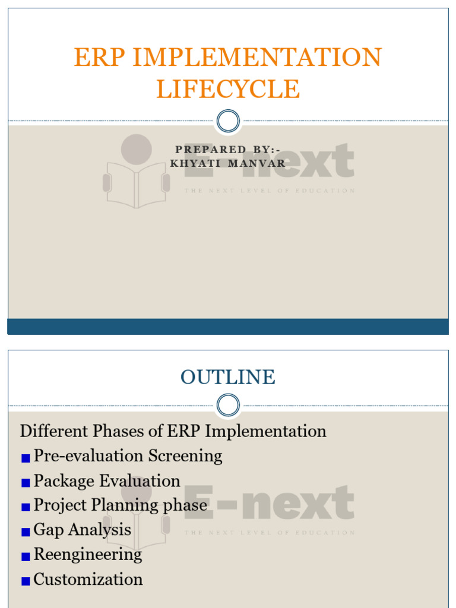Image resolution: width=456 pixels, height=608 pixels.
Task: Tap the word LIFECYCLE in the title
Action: pyautogui.click(x=228, y=89)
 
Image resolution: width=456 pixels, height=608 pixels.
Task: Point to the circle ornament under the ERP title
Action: pyautogui.click(x=228, y=121)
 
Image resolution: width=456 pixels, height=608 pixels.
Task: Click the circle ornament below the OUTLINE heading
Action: pyautogui.click(x=228, y=406)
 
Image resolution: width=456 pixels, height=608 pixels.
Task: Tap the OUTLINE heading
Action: pyautogui.click(x=228, y=377)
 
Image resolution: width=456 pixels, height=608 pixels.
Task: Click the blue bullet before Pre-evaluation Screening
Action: pyautogui.click(x=26, y=458)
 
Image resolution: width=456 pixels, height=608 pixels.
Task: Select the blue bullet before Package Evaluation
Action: pyautogui.click(x=26, y=483)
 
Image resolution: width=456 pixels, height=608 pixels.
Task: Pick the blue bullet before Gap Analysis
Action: pyautogui.click(x=26, y=532)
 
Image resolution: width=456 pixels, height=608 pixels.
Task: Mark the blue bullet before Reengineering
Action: pyautogui.click(x=26, y=557)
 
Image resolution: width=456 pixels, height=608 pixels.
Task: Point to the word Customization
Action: pyautogui.click(x=88, y=579)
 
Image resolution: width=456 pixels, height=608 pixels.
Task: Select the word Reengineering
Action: pyautogui.click(x=88, y=555)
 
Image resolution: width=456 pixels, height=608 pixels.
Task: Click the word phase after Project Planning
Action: pyautogui.click(x=186, y=506)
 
